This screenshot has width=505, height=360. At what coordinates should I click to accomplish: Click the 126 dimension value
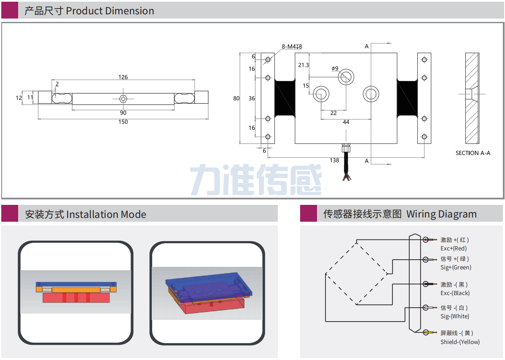123,77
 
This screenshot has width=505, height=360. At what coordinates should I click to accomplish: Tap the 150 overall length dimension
123,122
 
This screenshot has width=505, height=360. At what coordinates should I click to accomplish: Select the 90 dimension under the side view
123,113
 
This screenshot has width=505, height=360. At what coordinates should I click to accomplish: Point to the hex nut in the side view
123,98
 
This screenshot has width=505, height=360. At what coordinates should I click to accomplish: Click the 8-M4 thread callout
292,46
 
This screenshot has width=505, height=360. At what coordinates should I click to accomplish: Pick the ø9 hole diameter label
335,68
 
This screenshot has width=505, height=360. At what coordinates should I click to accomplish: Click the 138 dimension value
334,160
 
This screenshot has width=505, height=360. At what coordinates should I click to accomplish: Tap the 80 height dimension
236,98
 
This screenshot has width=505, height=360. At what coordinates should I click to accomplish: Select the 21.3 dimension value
303,65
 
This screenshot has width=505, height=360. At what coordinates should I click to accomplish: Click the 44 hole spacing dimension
346,122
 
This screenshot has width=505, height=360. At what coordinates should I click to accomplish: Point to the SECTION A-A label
473,153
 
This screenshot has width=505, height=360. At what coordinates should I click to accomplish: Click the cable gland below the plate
346,148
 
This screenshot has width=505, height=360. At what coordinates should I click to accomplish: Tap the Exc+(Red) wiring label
453,249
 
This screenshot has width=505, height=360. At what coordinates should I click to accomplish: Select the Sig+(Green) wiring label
456,268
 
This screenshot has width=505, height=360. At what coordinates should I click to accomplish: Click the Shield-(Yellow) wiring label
460,342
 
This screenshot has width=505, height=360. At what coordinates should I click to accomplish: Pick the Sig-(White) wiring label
454,317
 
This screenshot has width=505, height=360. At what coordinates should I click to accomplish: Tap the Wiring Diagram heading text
441,214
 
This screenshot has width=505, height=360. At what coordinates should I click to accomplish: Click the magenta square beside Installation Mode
10,214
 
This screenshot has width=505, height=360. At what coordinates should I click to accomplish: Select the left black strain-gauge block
285,98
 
